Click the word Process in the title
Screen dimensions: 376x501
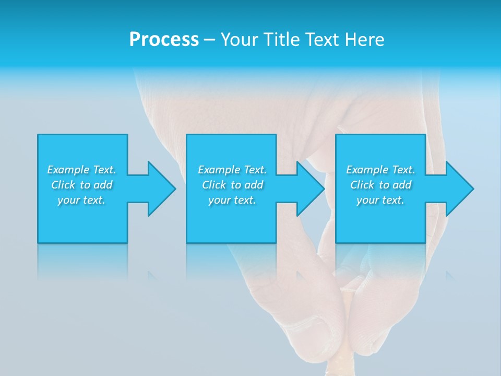click(164, 40)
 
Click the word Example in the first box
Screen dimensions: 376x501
click(68, 170)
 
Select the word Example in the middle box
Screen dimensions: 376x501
click(219, 170)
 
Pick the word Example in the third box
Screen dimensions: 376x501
click(367, 170)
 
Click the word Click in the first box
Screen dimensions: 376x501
click(63, 185)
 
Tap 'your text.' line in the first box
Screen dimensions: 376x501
click(81, 200)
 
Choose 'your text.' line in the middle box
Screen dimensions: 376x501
click(232, 200)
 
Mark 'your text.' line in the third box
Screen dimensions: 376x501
click(380, 200)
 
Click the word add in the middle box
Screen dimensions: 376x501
click(254, 185)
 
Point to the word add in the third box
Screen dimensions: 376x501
click(402, 185)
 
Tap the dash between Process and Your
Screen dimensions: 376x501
click(209, 40)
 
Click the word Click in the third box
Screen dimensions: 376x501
click(362, 185)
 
